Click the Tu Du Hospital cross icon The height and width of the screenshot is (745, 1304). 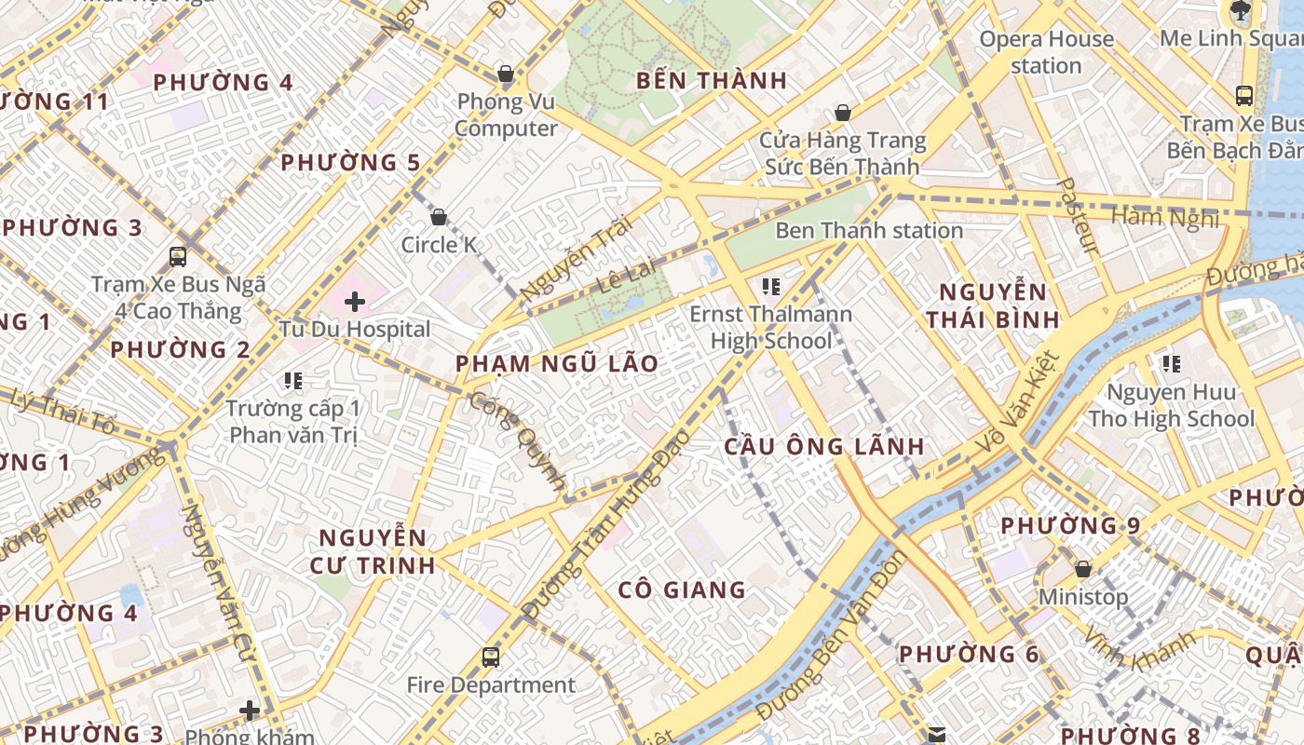pos(354,302)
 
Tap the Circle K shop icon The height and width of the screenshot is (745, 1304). pos(439,218)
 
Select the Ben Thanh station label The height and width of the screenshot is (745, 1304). pos(868,230)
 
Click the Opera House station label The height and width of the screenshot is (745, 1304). pos(1046,52)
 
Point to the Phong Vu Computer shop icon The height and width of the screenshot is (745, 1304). pos(506,74)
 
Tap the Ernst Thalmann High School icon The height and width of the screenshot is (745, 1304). pos(770,286)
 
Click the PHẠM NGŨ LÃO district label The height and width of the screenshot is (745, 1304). pos(556,364)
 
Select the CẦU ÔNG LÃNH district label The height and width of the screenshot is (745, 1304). pos(824,447)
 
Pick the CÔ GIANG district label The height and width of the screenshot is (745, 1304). pos(682,589)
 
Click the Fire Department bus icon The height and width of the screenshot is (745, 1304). pos(490,657)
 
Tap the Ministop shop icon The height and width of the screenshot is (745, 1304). pos(1082,568)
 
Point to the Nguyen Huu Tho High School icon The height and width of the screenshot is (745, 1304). pos(1171,364)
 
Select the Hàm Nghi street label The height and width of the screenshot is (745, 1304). pos(1164,218)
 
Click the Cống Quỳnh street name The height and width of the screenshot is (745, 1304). pos(518,441)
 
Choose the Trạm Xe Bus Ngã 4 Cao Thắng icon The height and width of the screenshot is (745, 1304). pos(177,257)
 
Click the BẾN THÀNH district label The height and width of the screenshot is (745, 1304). pos(712,81)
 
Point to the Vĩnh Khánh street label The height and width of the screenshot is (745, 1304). pos(1138,650)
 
